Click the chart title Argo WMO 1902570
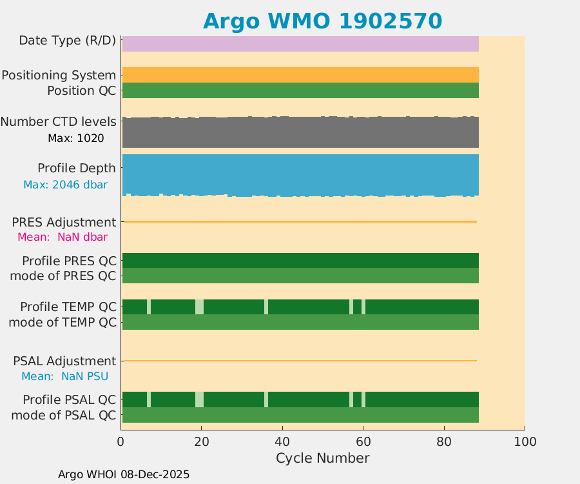click(322, 21)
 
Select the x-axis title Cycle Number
click(322, 458)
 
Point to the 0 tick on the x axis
click(121, 442)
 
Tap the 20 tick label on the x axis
click(202, 442)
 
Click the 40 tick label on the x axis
click(282, 442)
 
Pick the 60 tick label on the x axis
click(363, 442)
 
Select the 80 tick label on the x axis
click(444, 442)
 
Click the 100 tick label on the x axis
click(525, 442)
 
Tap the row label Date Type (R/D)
click(67, 41)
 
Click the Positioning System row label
click(59, 76)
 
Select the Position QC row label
click(81, 91)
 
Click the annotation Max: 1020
click(75, 138)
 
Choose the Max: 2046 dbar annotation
click(65, 185)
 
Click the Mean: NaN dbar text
click(62, 237)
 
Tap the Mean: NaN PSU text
click(64, 376)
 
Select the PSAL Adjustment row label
click(64, 361)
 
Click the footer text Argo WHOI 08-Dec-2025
click(124, 474)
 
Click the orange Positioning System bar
click(300, 75)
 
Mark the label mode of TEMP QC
click(63, 322)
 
